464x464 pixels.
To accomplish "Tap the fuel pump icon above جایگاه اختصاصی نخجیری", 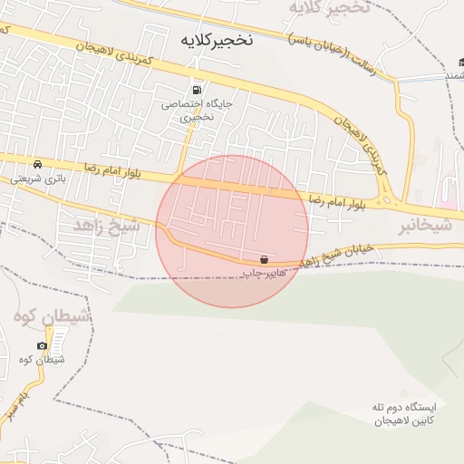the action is (x=197, y=90).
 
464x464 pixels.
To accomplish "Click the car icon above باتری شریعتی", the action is (x=37, y=164).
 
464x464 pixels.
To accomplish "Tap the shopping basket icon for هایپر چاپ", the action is (x=264, y=258).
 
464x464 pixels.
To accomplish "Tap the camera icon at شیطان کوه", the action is (x=42, y=346).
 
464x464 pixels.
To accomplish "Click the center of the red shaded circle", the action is (x=232, y=231).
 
